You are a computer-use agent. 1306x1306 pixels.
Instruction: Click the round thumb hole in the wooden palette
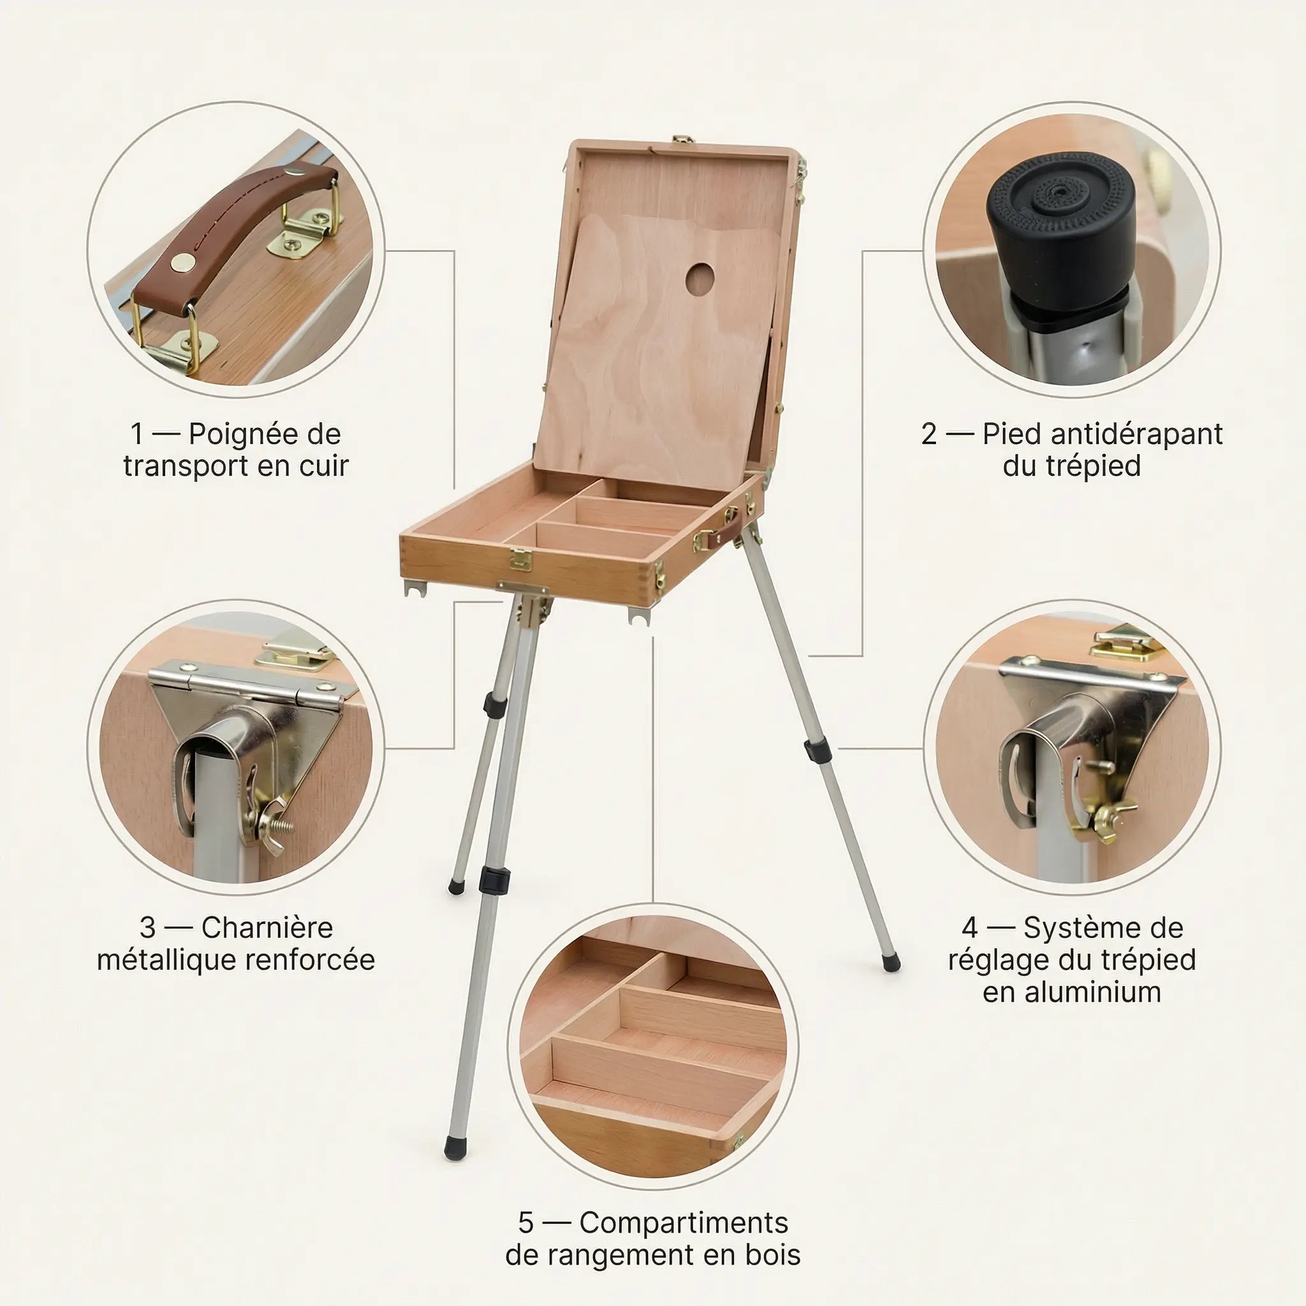(x=700, y=279)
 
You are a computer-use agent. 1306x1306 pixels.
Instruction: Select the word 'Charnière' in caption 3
(x=267, y=927)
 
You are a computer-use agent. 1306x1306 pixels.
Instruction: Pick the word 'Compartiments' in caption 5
(x=684, y=1222)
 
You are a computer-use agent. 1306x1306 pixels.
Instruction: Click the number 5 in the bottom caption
(x=525, y=1222)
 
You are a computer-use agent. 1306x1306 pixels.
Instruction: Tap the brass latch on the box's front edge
(x=520, y=559)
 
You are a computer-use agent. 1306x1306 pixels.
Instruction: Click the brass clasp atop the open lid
(x=684, y=140)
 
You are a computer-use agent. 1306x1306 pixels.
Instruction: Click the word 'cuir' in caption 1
(x=324, y=466)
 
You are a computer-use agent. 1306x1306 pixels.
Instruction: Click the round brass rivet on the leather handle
(x=180, y=261)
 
